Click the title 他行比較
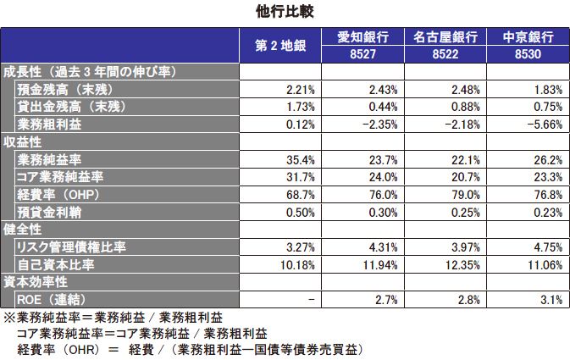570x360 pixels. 285,11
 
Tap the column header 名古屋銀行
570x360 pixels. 444,37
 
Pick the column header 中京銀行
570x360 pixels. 528,37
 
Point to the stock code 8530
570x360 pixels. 528,53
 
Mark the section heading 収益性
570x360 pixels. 23,141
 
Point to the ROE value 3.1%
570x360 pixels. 551,300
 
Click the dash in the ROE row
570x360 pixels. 312,300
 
